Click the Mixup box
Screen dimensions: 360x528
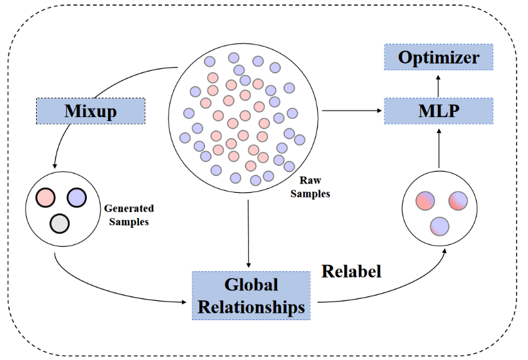pyautogui.click(x=91, y=111)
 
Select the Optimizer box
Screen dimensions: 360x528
pyautogui.click(x=439, y=57)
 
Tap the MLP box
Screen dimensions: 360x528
pyautogui.click(x=439, y=111)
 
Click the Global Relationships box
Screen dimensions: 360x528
pyautogui.click(x=251, y=296)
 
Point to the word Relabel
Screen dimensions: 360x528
pyautogui.click(x=351, y=271)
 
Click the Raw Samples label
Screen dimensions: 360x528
pyautogui.click(x=310, y=188)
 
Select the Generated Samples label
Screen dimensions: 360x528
pyautogui.click(x=129, y=215)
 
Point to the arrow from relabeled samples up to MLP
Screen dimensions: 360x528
pyautogui.click(x=439, y=148)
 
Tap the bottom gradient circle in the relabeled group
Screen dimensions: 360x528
pyautogui.click(x=439, y=226)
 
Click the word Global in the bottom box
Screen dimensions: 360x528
pyautogui.click(x=251, y=285)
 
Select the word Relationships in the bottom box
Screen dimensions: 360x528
pyautogui.click(x=251, y=307)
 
